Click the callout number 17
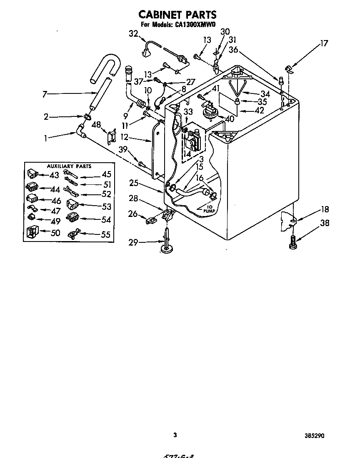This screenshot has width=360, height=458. coord(323,43)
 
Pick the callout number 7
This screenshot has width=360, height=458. coord(45,94)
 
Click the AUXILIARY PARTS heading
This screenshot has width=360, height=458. coord(69,166)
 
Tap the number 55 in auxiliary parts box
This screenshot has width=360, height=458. coord(106,235)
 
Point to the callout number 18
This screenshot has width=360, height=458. coord(325,210)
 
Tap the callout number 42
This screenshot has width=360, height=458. coord(259,111)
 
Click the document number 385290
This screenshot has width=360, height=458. coord(314,436)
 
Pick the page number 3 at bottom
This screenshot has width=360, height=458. coord(175,435)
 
